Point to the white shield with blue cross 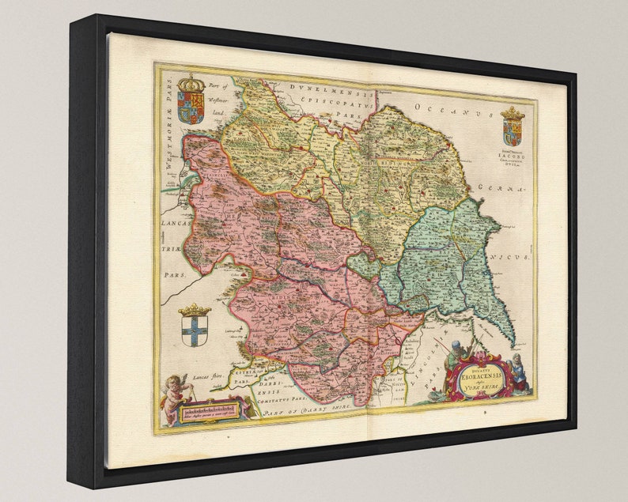click(193, 331)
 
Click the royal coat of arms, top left click(191, 101)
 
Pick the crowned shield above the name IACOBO click(513, 127)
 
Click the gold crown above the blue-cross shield click(194, 309)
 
